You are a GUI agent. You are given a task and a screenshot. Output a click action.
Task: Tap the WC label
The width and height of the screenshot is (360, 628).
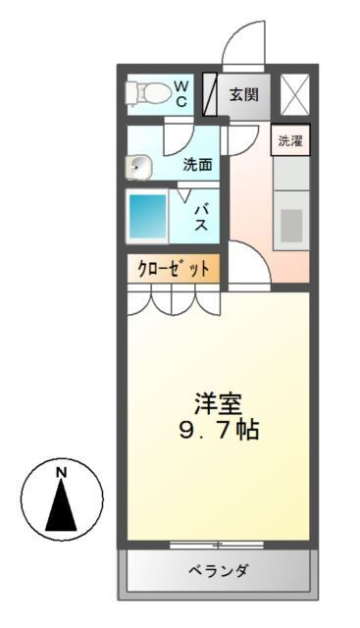click(x=182, y=94)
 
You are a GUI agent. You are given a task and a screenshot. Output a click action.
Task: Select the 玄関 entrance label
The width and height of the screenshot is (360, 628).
click(x=244, y=95)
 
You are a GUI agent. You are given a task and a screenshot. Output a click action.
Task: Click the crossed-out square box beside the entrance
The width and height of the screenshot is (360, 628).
click(x=294, y=94)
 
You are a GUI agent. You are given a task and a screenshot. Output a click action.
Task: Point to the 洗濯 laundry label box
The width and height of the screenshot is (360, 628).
click(x=290, y=140)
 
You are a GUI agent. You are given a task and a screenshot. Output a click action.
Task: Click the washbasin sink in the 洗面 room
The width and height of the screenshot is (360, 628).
click(x=137, y=167)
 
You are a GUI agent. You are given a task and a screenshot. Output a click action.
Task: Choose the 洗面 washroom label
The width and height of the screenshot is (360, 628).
click(x=198, y=164)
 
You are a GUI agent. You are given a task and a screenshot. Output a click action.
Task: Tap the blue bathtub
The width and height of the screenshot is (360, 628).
click(x=147, y=216)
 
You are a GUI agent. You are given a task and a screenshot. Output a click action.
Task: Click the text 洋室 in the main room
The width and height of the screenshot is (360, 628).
click(x=218, y=403)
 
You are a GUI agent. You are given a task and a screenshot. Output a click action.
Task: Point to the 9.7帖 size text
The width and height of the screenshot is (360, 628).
click(x=217, y=430)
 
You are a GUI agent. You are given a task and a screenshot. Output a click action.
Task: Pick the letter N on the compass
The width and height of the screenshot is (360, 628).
click(x=61, y=473)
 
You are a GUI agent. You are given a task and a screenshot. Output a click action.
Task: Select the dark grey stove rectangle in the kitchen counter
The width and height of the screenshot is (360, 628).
click(x=291, y=225)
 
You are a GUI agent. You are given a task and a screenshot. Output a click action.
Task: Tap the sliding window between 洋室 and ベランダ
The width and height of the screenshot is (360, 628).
click(x=217, y=543)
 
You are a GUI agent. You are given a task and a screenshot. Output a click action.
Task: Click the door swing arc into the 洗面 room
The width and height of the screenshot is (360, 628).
click(x=181, y=131)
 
